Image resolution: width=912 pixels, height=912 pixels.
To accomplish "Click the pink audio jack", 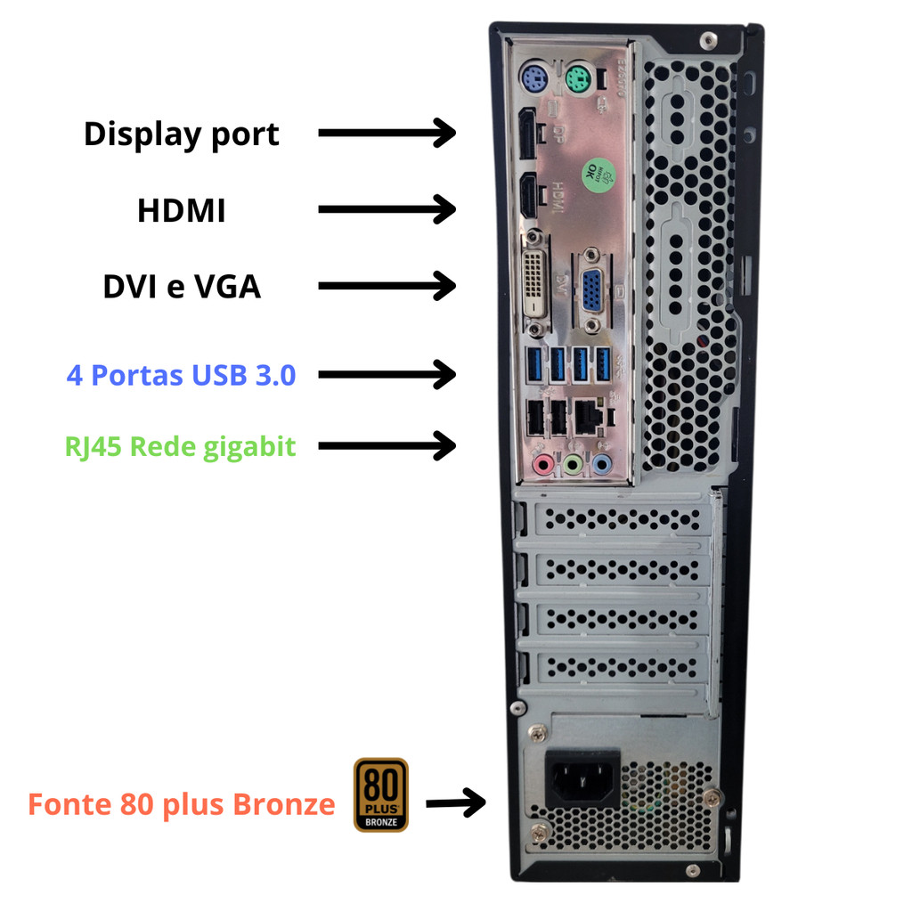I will coord(541,463).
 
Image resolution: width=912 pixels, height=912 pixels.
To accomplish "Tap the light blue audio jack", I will coord(601,463).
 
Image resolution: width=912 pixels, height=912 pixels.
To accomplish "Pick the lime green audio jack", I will coord(572,463).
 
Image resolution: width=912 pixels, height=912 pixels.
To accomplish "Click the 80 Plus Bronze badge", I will coord(381,794).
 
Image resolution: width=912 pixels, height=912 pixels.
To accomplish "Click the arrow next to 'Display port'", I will coord(387,134).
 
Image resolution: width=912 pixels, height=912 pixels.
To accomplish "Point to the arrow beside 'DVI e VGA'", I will coord(387,287).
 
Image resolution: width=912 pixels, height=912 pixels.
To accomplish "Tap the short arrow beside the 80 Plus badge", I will coord(455,802).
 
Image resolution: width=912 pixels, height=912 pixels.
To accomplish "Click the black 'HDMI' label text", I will coord(181,211).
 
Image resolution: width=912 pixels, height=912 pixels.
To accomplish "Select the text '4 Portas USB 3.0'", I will coord(181,375).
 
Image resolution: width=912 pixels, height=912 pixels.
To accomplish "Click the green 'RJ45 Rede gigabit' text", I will coord(180,445).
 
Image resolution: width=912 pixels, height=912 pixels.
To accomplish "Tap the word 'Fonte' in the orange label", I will coord(69,804).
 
